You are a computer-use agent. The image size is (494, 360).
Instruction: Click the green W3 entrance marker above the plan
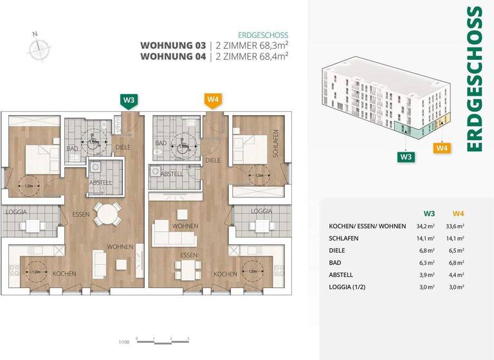tap(129, 100)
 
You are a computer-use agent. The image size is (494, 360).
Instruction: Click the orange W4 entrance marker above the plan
tap(213, 100)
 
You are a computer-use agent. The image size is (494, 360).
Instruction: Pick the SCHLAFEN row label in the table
tap(344, 239)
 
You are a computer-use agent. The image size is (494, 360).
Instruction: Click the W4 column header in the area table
tap(457, 213)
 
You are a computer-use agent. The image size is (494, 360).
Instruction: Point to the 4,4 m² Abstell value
tap(457, 275)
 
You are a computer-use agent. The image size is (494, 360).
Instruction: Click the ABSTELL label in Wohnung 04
tap(172, 174)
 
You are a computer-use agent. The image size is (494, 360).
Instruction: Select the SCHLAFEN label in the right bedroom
tap(275, 145)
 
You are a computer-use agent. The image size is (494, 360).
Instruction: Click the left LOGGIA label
tap(16, 212)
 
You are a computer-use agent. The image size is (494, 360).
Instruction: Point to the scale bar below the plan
tap(171, 339)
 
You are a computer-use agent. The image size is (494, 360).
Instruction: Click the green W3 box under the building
tap(405, 156)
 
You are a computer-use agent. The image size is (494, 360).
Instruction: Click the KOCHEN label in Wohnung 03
tap(65, 274)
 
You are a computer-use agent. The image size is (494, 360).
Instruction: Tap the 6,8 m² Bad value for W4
tap(457, 263)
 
